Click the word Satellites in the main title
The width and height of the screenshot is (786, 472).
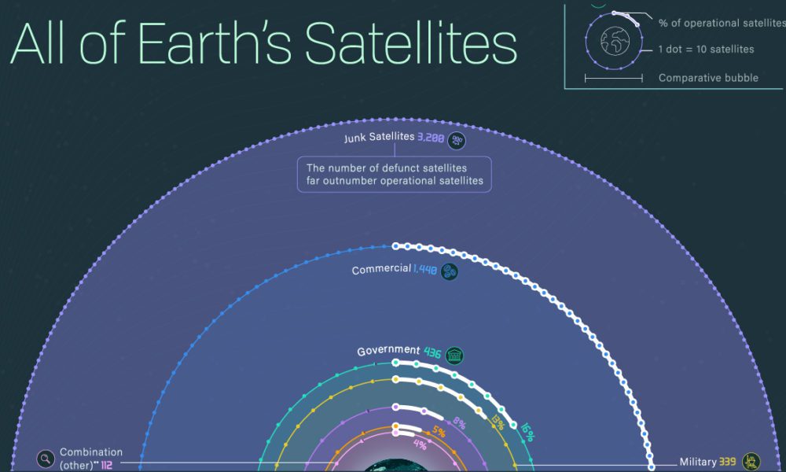coord(410,45)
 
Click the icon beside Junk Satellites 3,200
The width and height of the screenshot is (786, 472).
coord(457,141)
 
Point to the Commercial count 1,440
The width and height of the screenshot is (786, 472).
coord(427,271)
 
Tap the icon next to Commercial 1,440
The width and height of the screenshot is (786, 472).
coord(450,271)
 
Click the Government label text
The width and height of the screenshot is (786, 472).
coord(388,351)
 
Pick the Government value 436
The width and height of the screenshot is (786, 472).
coord(432,352)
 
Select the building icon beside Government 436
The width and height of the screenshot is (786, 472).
coord(454,354)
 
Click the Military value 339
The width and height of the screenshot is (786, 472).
coord(728,461)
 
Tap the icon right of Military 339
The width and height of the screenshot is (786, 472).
coord(752,461)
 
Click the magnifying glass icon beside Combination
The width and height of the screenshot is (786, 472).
coord(46,458)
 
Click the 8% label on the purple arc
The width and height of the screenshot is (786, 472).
coord(459,425)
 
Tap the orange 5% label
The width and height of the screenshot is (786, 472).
coord(439,431)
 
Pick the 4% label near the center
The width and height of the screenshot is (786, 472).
coord(420,444)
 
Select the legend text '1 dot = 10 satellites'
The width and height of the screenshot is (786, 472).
coord(706,50)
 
